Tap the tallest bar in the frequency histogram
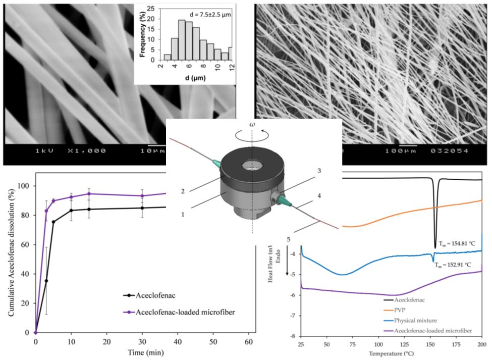click(181, 40)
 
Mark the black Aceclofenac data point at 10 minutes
click(71, 211)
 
